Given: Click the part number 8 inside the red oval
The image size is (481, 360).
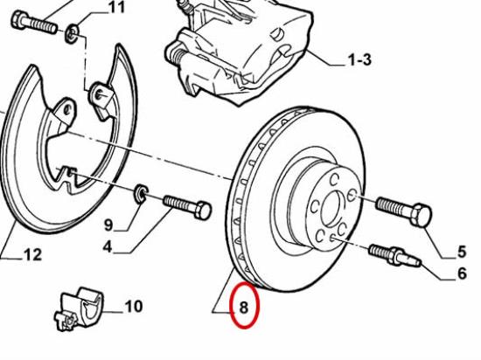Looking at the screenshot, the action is click(244, 308).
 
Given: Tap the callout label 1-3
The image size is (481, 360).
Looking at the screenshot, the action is click(359, 59).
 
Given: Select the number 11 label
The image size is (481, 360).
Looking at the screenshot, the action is click(117, 7).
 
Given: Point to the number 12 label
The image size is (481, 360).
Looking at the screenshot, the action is click(33, 254).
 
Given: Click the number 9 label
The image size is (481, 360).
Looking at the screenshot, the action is click(108, 225).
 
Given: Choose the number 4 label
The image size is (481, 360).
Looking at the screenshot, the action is click(108, 246).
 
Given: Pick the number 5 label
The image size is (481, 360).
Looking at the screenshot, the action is click(462, 252).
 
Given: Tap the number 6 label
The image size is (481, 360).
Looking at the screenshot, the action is click(462, 273).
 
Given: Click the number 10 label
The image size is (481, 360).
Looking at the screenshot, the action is click(134, 306).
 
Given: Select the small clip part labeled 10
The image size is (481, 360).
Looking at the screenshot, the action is click(79, 309).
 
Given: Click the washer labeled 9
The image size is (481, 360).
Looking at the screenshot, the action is click(142, 194).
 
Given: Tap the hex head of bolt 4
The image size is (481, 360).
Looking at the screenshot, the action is click(203, 211).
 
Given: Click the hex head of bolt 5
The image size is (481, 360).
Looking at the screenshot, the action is click(422, 215).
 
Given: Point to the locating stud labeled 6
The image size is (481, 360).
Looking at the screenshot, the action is click(395, 255).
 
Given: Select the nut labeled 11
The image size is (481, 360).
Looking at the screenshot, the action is click(72, 33).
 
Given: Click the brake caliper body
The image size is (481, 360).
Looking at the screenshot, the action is click(240, 52).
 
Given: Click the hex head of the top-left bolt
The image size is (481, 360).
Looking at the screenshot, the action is click(19, 19).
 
